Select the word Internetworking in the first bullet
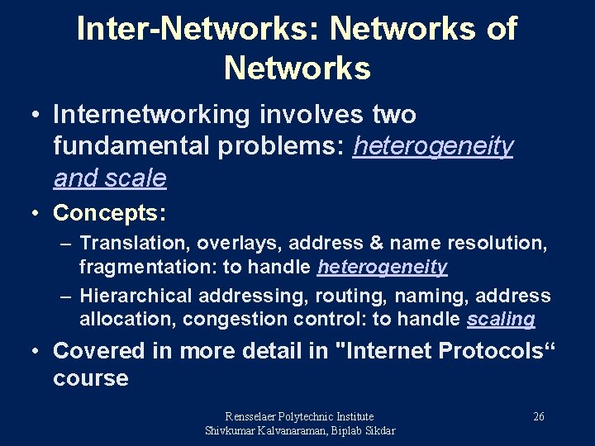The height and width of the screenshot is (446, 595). click(x=150, y=115)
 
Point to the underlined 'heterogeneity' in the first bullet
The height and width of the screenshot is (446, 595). click(x=432, y=146)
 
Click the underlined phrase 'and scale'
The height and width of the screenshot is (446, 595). click(x=110, y=178)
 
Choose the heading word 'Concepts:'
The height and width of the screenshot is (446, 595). click(x=110, y=212)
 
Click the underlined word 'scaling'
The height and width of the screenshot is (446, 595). click(x=501, y=319)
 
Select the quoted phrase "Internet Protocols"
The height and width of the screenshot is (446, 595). click(x=444, y=351)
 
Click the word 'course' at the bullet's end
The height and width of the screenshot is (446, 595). click(x=91, y=379)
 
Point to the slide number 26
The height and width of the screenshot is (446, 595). click(x=538, y=416)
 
